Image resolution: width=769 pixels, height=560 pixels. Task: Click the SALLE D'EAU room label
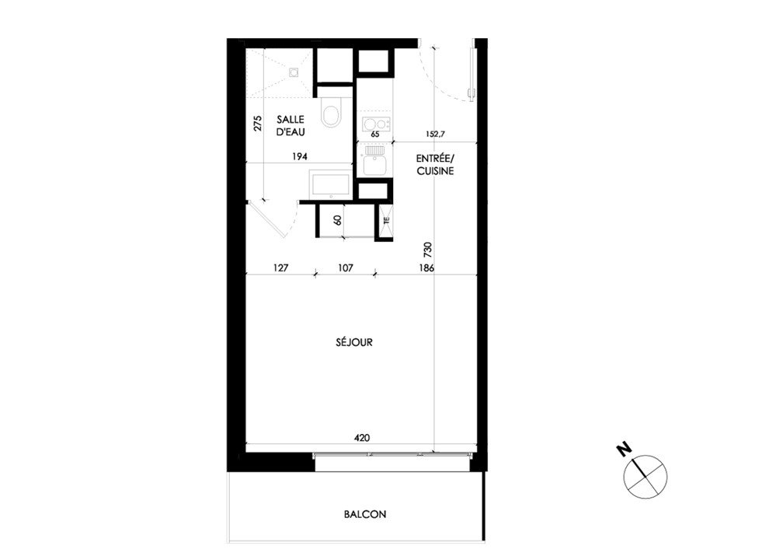coord(291,126)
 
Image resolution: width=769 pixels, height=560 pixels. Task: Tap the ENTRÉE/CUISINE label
coord(436,165)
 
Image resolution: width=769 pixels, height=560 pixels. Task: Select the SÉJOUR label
coord(354,342)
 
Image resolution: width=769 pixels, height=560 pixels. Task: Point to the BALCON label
coord(365,514)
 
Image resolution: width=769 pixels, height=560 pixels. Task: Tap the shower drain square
coord(294,72)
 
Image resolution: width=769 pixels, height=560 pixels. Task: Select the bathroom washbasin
coord(332,184)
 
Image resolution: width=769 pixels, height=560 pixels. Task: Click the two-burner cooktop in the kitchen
coord(376,123)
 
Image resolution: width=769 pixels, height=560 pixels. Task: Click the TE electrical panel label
coord(386,221)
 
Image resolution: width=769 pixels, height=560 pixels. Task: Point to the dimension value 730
coord(428,250)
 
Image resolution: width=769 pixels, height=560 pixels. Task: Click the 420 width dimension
coord(362,438)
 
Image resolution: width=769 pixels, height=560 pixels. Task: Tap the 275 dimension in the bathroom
coord(258,124)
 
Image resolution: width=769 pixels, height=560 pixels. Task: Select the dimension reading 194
coord(300,156)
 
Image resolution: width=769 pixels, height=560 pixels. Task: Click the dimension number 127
coord(280,268)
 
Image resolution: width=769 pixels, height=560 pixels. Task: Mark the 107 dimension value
coord(346,268)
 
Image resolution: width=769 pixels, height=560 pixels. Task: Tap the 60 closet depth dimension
coord(337,220)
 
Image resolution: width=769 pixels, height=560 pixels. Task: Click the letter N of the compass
coord(624,450)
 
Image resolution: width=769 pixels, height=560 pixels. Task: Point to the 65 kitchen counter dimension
coord(376,134)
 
